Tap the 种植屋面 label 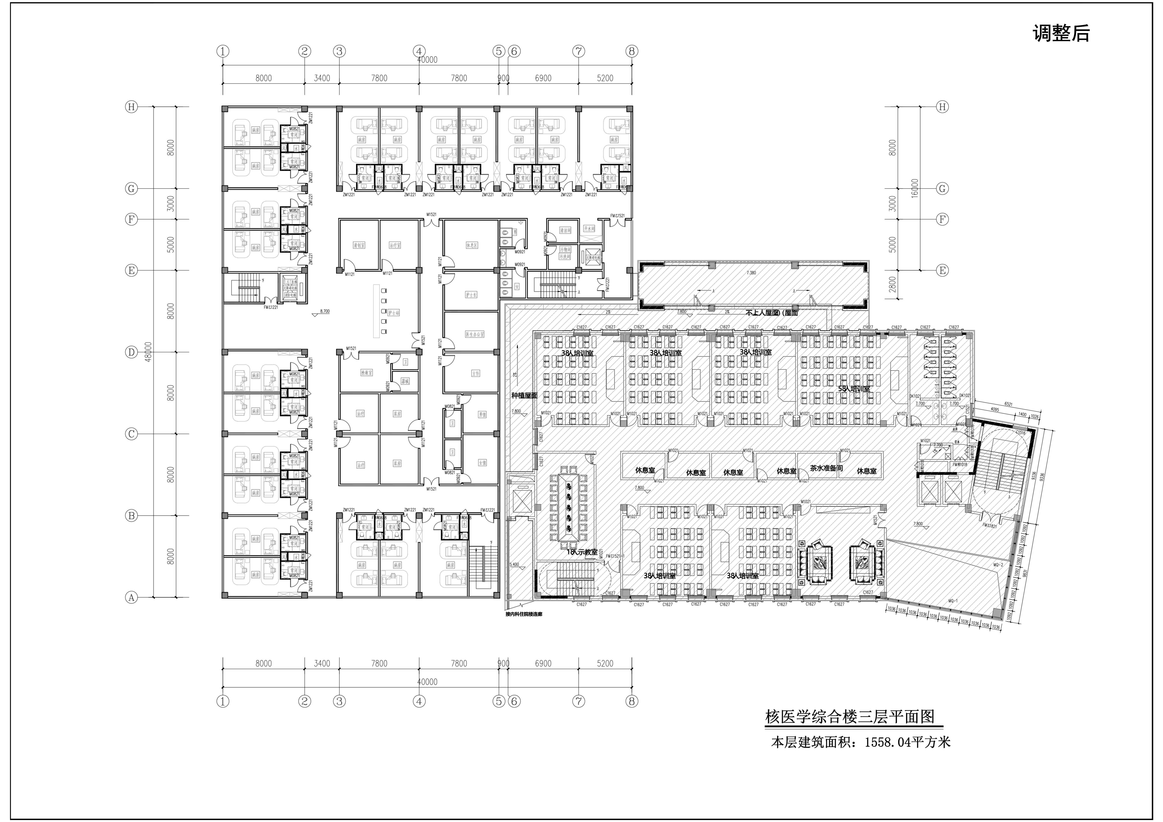point(524,395)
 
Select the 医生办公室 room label point(475,334)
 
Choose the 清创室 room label point(359,245)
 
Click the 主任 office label point(476,373)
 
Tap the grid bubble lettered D point(131,352)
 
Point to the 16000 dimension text point(914,188)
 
